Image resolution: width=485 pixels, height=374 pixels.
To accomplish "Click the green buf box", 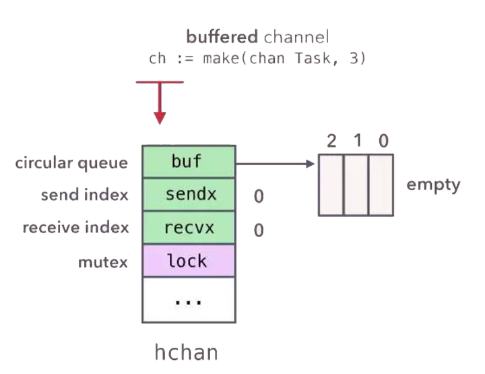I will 189,162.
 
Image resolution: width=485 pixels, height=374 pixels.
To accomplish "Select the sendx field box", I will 189,195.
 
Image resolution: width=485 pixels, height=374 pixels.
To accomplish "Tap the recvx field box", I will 189,228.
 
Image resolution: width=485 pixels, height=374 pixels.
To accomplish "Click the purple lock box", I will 189,260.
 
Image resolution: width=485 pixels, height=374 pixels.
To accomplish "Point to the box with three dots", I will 189,299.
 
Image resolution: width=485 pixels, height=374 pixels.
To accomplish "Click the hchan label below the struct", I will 187,352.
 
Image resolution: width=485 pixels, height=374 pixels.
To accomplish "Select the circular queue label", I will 72,162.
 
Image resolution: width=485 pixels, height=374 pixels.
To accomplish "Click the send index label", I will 85,195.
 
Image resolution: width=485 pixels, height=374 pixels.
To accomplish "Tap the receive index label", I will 75,228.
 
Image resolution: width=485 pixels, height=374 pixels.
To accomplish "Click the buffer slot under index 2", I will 331,185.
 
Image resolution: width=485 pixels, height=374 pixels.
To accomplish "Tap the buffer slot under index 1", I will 356,185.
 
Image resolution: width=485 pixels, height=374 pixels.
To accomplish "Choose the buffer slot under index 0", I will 381,185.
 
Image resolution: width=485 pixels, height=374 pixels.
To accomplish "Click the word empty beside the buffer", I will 433,185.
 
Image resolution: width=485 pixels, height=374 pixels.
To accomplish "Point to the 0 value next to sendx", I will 258,197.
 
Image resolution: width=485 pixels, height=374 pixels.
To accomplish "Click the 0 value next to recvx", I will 258,230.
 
